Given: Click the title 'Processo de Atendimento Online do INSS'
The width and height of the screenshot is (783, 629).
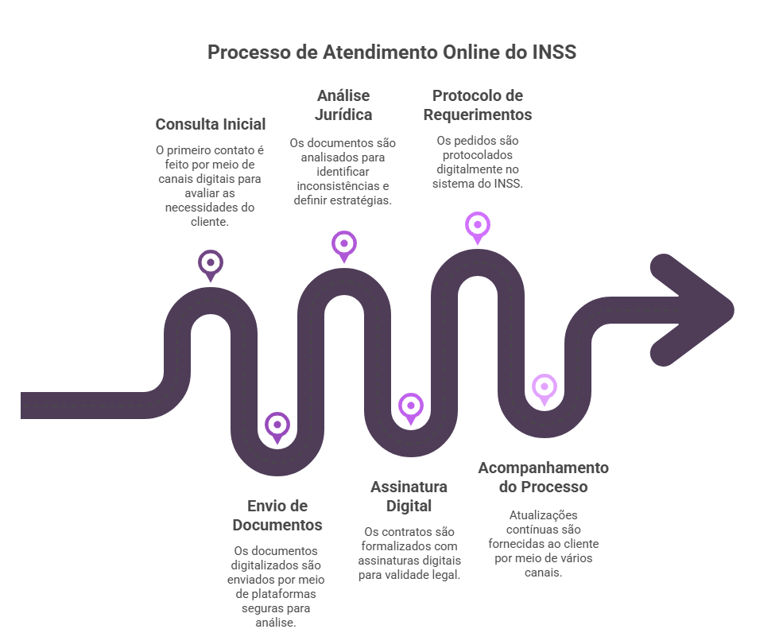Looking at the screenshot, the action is pyautogui.click(x=392, y=52).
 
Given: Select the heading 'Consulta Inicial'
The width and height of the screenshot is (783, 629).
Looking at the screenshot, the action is pyautogui.click(x=210, y=124).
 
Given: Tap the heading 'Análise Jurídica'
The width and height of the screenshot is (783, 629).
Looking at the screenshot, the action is pyautogui.click(x=343, y=105).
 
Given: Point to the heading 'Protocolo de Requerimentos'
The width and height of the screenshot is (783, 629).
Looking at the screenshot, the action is pyautogui.click(x=478, y=105).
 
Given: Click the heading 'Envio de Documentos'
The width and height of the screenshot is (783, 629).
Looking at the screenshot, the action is pyautogui.click(x=277, y=515).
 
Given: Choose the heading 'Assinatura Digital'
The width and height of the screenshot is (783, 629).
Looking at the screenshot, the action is pyautogui.click(x=409, y=496).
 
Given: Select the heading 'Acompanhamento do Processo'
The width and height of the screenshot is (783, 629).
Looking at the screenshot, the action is pyautogui.click(x=543, y=477).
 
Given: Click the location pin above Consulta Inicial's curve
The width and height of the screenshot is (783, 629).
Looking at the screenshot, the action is pyautogui.click(x=210, y=266).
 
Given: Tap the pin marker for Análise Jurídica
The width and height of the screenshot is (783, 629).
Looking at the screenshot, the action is pyautogui.click(x=344, y=247).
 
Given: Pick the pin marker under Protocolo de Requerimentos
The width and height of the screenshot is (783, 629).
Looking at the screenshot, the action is pyautogui.click(x=478, y=227).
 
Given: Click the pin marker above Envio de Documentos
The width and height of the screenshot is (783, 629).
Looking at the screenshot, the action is pyautogui.click(x=277, y=427).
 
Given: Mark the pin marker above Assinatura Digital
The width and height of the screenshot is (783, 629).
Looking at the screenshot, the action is pyautogui.click(x=411, y=408).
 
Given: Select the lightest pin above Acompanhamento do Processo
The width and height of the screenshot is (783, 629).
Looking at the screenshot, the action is pyautogui.click(x=545, y=389).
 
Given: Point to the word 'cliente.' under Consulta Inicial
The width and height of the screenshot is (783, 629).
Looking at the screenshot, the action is pyautogui.click(x=210, y=222).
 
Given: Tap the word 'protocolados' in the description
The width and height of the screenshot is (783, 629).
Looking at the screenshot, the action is pyautogui.click(x=478, y=155).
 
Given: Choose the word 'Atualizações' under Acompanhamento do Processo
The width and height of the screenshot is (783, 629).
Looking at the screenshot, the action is pyautogui.click(x=543, y=515).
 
